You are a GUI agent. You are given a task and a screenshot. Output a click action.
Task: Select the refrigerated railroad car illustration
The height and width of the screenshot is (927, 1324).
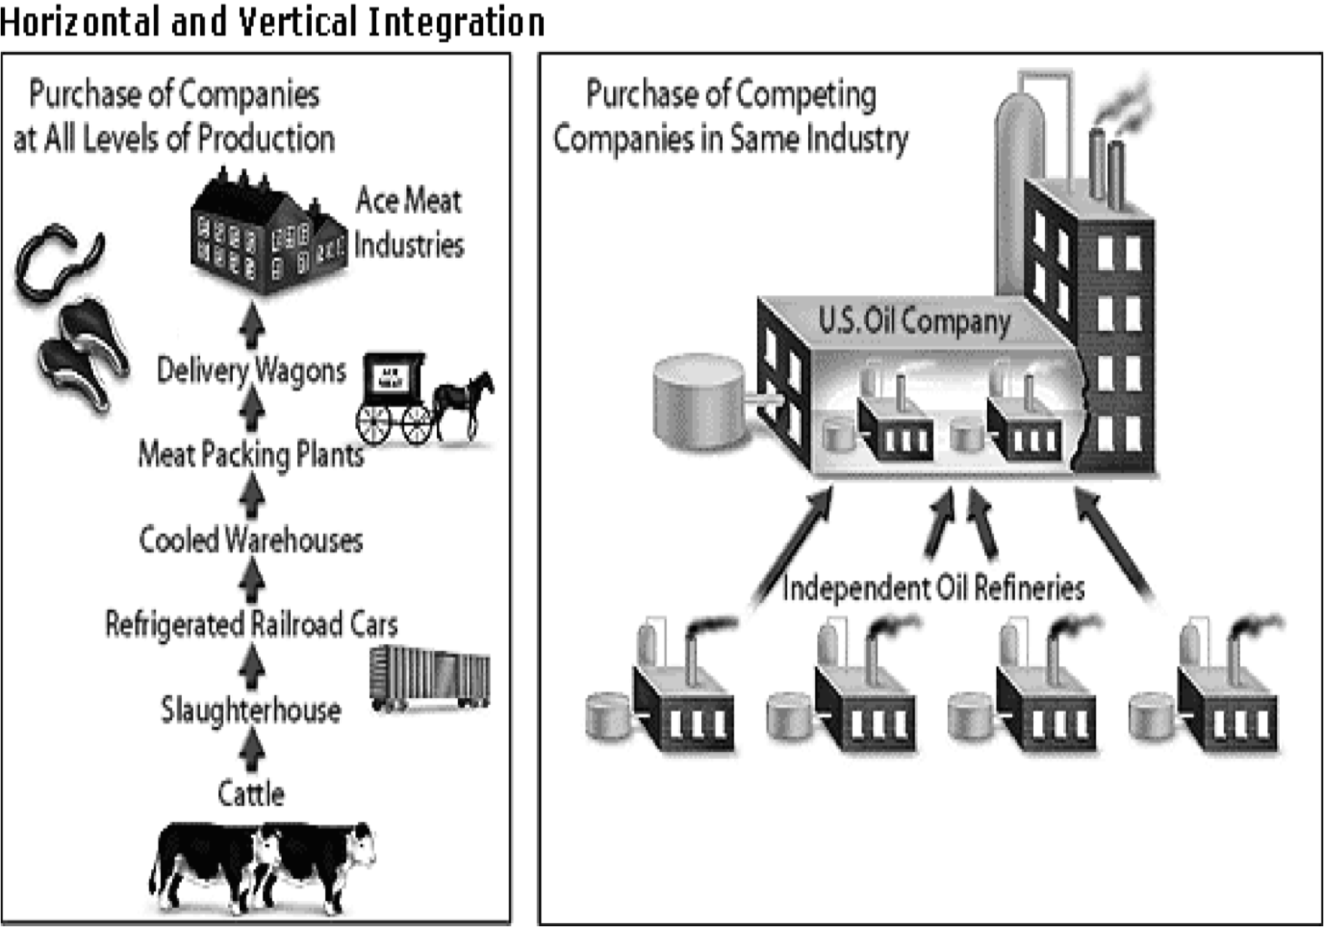click(429, 677)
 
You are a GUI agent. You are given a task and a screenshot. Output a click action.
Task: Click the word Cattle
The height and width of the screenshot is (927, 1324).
click(250, 793)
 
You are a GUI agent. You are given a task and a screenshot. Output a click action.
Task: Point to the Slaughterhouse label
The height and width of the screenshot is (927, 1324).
click(250, 710)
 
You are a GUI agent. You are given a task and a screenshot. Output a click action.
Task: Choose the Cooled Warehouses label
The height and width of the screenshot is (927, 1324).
click(250, 539)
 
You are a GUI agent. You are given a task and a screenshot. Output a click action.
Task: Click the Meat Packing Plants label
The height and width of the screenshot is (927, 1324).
click(250, 454)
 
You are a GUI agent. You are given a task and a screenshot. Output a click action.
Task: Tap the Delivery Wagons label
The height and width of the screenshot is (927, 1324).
click(250, 370)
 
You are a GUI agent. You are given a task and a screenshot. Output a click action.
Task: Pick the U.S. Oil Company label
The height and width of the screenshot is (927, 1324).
click(913, 320)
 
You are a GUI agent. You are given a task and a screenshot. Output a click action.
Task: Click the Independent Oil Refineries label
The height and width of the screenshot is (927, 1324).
click(932, 588)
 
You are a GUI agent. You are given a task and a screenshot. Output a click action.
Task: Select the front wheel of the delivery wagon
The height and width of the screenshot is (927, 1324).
click(417, 424)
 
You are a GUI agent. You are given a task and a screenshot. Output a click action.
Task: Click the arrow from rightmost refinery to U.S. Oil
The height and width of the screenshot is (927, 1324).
click(1116, 548)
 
